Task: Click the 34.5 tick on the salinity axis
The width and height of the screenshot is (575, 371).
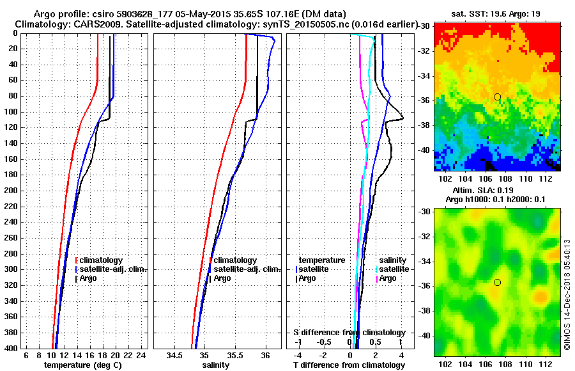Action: point(174,356)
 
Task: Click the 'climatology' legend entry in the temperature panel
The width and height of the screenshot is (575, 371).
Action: point(102,260)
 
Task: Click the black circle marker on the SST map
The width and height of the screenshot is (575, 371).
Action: point(497,97)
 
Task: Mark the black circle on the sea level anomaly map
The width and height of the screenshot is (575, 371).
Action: point(497,282)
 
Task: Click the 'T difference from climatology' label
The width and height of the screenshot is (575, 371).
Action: point(349,365)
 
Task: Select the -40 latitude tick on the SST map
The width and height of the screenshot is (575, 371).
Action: point(425,150)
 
